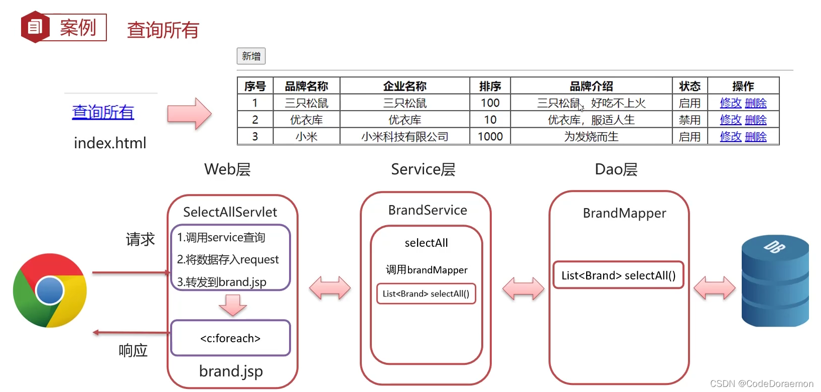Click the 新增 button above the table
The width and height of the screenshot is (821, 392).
tap(251, 56)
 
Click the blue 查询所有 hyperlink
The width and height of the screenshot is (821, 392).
tap(103, 112)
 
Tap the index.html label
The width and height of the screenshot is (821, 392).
tap(110, 143)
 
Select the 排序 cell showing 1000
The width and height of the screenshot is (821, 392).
tap(490, 137)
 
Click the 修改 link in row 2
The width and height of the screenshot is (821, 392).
tap(730, 120)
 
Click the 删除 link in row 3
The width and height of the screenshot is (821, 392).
tap(756, 137)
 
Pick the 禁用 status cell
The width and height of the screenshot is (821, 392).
tap(690, 120)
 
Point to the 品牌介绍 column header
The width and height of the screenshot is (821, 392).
tap(591, 86)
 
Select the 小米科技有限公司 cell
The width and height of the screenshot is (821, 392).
tap(404, 137)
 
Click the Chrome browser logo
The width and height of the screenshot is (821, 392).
tap(50, 290)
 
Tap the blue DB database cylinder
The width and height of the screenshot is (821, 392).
tap(775, 281)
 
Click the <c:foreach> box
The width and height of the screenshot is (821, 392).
tap(230, 338)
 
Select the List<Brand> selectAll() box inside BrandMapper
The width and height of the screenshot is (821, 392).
tap(618, 275)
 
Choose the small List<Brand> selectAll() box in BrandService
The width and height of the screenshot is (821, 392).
tap(426, 294)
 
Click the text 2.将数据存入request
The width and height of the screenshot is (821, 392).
tap(228, 259)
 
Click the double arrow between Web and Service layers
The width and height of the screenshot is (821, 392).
tap(330, 288)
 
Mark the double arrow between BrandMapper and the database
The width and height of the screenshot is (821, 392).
tap(714, 288)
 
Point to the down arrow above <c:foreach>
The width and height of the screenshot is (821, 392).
tap(232, 305)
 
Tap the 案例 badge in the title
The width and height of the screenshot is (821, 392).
tap(64, 27)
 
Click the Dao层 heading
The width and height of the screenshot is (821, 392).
tap(616, 169)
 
